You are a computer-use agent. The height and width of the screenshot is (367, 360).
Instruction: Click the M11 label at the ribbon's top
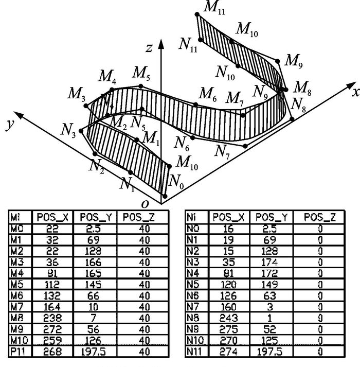click(x=214, y=7)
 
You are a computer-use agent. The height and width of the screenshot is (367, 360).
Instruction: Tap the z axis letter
click(x=150, y=48)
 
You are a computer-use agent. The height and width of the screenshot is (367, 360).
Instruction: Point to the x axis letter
click(x=355, y=92)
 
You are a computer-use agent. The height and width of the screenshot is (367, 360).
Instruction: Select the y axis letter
click(x=9, y=125)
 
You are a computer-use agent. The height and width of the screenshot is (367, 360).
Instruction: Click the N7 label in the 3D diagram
click(x=222, y=151)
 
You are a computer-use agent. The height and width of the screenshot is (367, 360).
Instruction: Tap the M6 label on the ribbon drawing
click(x=208, y=94)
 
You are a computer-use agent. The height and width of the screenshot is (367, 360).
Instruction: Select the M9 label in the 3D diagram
click(x=293, y=60)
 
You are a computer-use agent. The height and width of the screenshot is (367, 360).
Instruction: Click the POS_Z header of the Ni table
click(x=320, y=218)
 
